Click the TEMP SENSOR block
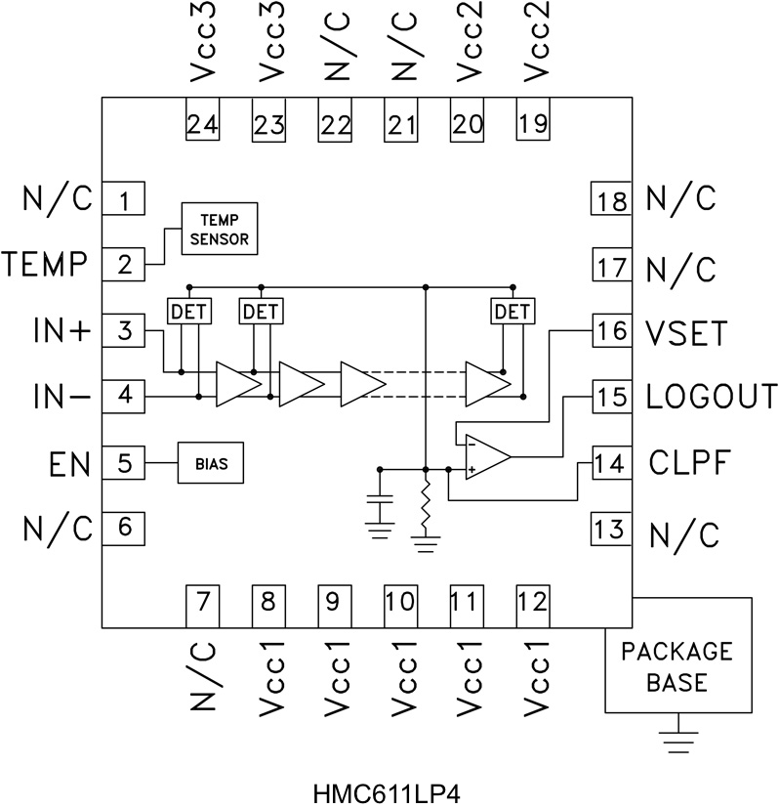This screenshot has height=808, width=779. point(220,229)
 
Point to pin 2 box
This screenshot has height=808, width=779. point(124,264)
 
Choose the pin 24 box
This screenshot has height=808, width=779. point(202,123)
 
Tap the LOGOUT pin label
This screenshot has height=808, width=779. point(712,398)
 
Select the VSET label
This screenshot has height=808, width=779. point(687,332)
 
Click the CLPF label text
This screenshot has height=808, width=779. point(689,463)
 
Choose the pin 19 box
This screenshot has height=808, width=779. point(533,123)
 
